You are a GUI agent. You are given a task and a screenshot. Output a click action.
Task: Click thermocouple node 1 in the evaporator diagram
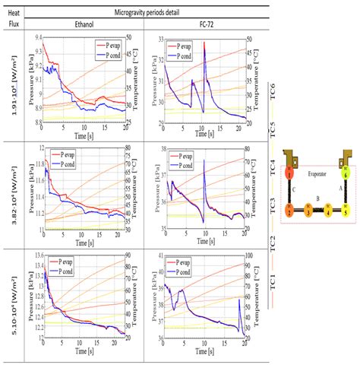coord(289,174)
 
